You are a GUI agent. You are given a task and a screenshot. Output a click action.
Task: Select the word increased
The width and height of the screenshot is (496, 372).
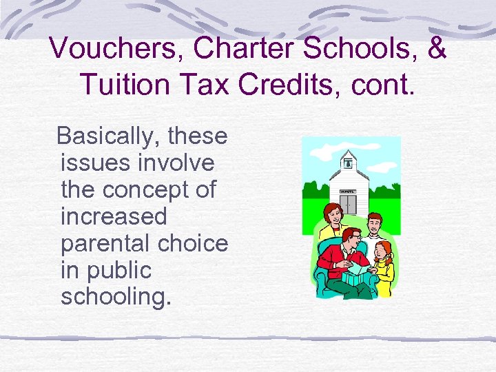tap(114, 216)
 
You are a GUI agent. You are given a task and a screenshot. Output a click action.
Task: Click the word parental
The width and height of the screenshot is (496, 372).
tap(103, 243)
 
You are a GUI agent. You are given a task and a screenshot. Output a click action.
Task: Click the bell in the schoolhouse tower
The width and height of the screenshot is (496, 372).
tap(349, 164)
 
